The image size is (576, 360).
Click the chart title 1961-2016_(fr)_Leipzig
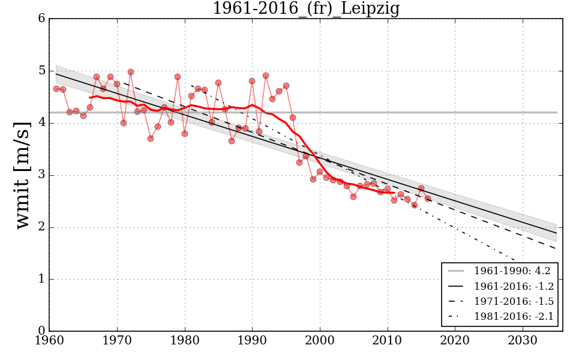coord(306,8)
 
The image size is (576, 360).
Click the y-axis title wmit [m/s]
coord(22,174)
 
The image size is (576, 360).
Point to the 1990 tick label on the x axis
coord(252,341)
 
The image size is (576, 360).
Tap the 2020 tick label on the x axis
coord(455,341)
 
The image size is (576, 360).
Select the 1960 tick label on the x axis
coord(49,341)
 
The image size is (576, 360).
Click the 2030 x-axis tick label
coord(523,341)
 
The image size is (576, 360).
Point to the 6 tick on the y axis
coord(41,19)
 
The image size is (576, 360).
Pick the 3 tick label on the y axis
coord(41,175)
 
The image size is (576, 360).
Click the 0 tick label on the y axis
coord(41,331)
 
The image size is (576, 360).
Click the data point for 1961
coord(56,89)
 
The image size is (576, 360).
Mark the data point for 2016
coord(428,199)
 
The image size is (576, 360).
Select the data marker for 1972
coord(131,72)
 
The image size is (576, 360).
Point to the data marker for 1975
coord(151,139)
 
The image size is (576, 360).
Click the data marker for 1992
coord(266,76)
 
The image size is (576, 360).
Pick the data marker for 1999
coord(313,179)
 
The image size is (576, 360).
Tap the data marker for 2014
coord(415,205)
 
